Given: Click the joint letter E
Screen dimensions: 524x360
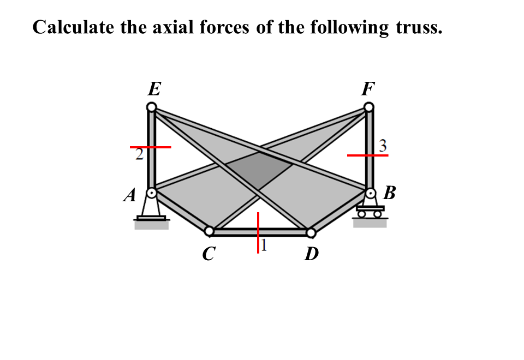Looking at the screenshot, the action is (154, 89).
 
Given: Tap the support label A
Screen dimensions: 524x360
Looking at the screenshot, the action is (129, 195).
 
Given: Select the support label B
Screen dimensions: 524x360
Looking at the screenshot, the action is (389, 193).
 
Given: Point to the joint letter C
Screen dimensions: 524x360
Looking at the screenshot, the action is (208, 254).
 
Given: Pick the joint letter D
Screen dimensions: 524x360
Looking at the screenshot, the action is (311, 254).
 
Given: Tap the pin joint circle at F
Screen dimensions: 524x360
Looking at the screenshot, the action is (370, 107).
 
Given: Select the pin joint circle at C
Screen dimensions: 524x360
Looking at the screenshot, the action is (209, 232).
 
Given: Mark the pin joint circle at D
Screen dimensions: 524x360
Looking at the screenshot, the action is (311, 233).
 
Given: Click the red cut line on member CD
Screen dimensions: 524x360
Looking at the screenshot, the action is (258, 232).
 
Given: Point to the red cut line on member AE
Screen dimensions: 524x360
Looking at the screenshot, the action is (150, 147).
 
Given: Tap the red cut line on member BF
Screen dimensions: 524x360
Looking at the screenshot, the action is (367, 155).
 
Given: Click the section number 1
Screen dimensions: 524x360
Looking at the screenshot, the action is (264, 245).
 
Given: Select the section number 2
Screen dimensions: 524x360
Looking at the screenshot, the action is (139, 155).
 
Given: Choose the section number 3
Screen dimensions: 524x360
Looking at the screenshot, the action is (383, 146).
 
